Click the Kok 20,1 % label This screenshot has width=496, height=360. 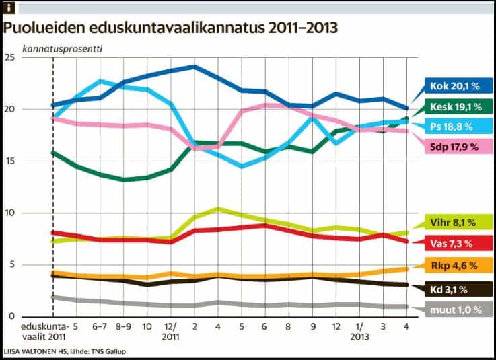[454, 86]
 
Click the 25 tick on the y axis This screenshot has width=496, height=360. [9, 58]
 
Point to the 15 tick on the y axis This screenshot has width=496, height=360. [9, 161]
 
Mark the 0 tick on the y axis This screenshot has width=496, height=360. [12, 316]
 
